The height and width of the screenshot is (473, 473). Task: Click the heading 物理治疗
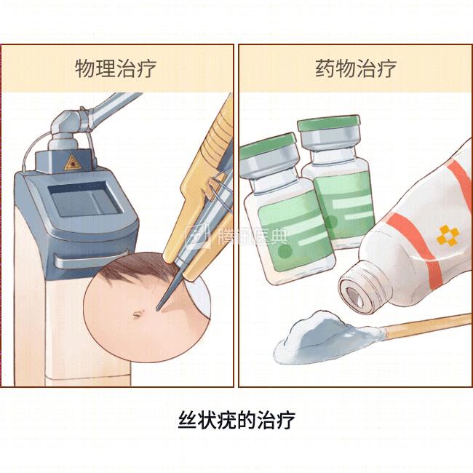[x=116, y=68]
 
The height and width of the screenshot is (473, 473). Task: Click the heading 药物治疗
[x=356, y=68]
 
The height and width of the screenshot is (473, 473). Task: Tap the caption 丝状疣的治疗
[x=236, y=420]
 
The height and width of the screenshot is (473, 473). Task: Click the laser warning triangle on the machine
[x=72, y=162]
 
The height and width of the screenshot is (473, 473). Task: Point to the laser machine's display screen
[x=85, y=199]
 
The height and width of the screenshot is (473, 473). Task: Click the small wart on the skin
[x=137, y=314]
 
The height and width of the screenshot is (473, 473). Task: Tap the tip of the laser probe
[x=157, y=309]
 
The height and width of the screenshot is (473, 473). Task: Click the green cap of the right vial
[x=329, y=124]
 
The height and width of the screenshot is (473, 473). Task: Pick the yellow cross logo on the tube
[x=448, y=235]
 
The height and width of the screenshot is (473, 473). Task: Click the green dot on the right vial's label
[x=331, y=222]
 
